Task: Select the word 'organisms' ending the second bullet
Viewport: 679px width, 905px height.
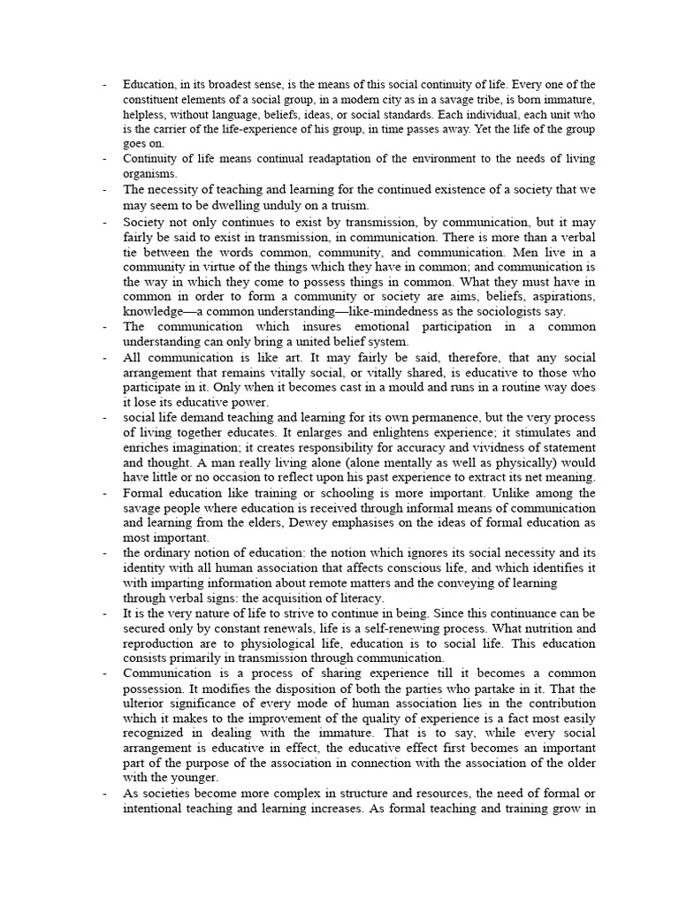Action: point(150,174)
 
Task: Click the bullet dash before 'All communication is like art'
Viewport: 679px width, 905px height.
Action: point(104,357)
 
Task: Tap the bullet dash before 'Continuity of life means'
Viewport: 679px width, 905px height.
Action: point(104,159)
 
